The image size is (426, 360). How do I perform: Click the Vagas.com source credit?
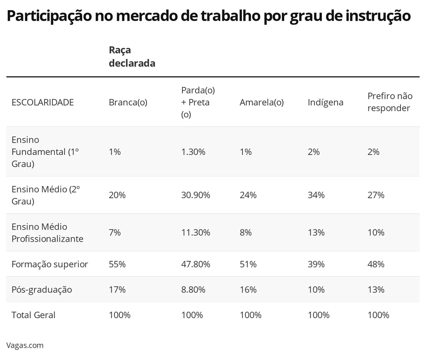[25, 345]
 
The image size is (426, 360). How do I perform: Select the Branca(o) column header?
[128, 103]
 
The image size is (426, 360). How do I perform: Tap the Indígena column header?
[325, 103]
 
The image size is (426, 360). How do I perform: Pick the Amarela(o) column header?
[262, 103]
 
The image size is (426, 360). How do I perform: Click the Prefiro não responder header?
[390, 102]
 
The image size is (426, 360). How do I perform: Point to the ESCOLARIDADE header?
[43, 103]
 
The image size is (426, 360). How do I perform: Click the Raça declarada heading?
[132, 57]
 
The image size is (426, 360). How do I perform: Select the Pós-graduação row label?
[42, 290]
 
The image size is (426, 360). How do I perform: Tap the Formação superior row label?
[50, 264]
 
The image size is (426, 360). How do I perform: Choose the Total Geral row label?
[34, 315]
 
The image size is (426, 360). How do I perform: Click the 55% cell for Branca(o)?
[117, 264]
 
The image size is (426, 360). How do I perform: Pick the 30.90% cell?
[196, 195]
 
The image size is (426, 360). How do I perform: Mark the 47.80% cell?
[196, 264]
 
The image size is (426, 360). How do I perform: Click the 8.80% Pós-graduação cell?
[193, 290]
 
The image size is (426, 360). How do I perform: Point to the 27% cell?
[376, 195]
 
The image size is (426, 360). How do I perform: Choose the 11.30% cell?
[196, 233]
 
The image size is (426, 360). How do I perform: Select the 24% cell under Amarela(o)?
[248, 195]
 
